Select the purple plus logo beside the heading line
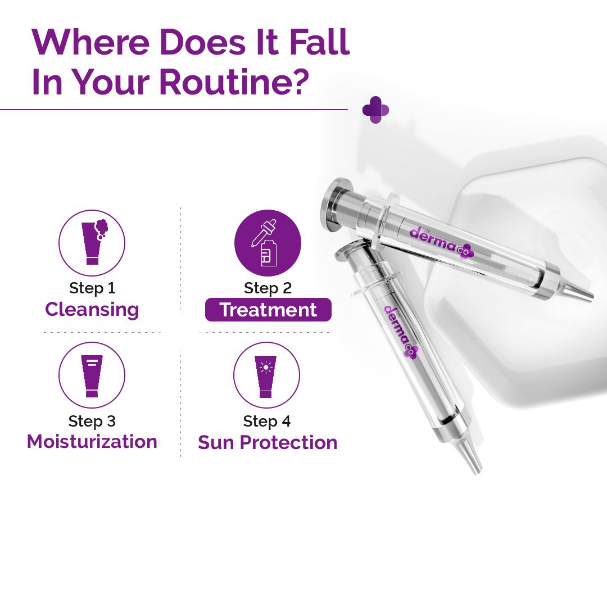(x=375, y=110)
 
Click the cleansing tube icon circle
(x=92, y=243)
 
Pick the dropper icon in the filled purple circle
(x=268, y=243)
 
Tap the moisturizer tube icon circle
(x=92, y=375)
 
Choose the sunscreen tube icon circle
(x=266, y=375)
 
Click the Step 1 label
(x=92, y=288)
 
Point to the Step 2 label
(x=268, y=288)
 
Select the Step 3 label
(x=92, y=421)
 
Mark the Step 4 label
(x=267, y=421)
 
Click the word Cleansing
(x=92, y=310)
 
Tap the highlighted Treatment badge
(x=268, y=310)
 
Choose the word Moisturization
(x=92, y=442)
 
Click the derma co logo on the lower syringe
(x=400, y=332)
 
